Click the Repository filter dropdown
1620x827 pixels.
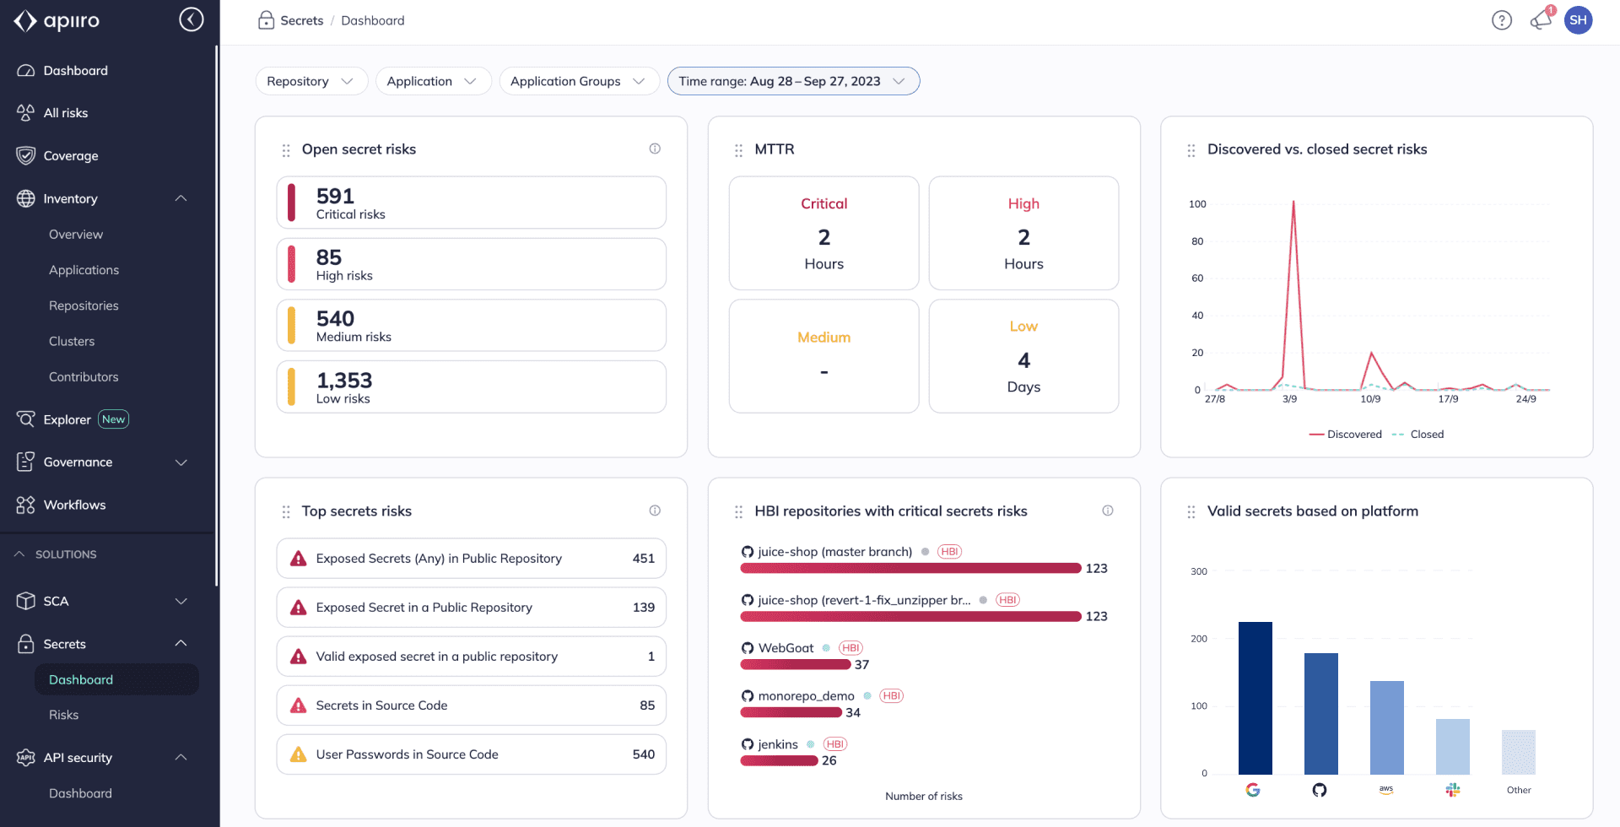[310, 81]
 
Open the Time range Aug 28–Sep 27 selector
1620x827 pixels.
[792, 81]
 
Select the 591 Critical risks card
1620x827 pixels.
[471, 203]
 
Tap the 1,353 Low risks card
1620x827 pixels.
[471, 387]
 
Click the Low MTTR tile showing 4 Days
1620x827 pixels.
[1023, 356]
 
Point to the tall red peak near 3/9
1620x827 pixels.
[1293, 203]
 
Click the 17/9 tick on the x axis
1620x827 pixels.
[1448, 399]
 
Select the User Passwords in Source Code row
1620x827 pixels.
[471, 754]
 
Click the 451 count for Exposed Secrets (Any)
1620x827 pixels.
[643, 559]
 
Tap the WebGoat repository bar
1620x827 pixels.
[795, 665]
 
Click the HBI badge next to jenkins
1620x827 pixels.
[834, 744]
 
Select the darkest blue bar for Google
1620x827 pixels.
[1255, 698]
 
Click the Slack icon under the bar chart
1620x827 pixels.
[1452, 790]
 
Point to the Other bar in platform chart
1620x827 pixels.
[1518, 752]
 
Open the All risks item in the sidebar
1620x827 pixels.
[66, 113]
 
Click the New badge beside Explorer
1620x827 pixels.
[113, 419]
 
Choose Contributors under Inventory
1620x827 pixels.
[84, 377]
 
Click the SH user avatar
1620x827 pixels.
[1578, 20]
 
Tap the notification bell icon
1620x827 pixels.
[1540, 20]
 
